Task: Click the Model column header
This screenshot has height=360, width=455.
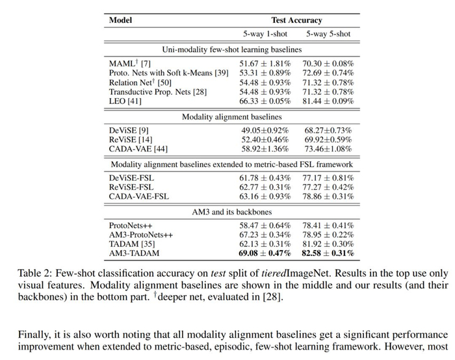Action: pyautogui.click(x=121, y=20)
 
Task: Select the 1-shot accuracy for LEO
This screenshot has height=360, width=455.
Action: pyautogui.click(x=265, y=102)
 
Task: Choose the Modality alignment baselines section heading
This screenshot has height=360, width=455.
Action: pyautogui.click(x=231, y=116)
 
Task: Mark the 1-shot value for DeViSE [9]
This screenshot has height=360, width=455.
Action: pyautogui.click(x=265, y=131)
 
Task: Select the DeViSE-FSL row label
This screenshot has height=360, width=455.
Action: pyautogui.click(x=132, y=177)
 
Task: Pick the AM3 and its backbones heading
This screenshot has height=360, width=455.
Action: pyautogui.click(x=231, y=211)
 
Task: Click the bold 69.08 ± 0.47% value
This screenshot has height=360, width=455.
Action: pyautogui.click(x=265, y=253)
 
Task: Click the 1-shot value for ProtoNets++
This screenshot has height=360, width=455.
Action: pyautogui.click(x=265, y=225)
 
